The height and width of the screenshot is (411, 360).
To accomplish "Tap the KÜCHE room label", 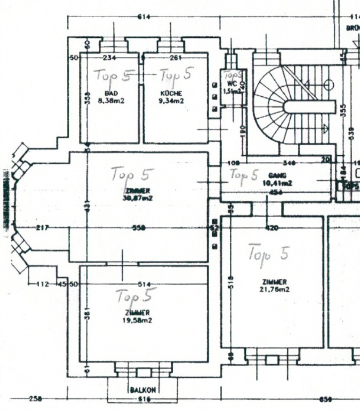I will click(171, 93).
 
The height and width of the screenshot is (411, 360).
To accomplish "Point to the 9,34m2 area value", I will click(171, 101).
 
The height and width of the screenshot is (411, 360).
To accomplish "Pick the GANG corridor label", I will click(274, 176).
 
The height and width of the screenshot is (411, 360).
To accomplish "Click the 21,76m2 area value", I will click(274, 290).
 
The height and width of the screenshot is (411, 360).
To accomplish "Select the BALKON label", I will click(142, 390).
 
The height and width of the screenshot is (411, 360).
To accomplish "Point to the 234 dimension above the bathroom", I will click(110, 58).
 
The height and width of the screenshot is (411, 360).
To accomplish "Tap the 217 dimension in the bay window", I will click(42, 228).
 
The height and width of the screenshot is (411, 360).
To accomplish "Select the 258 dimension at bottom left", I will click(35, 399).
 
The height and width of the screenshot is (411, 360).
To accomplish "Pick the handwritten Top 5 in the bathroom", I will click(114, 75).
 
